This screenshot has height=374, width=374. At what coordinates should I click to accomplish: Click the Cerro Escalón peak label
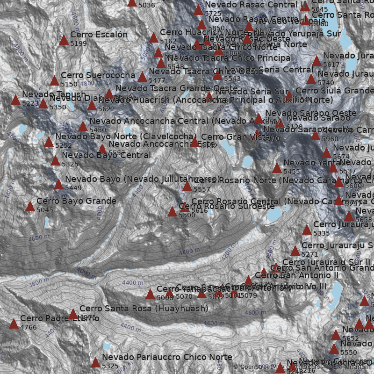(x=99, y=35)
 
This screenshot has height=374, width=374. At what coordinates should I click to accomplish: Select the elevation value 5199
(x=79, y=43)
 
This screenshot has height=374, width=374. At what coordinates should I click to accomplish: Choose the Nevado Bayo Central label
(x=106, y=155)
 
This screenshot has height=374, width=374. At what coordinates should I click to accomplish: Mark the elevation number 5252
(x=63, y=145)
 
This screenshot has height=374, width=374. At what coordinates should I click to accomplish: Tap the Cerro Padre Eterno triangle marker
(x=14, y=324)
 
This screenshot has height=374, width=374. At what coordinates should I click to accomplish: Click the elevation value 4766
(x=28, y=327)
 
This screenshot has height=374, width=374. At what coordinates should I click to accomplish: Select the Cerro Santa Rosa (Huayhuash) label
(x=144, y=309)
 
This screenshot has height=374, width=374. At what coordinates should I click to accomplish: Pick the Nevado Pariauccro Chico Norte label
(x=167, y=357)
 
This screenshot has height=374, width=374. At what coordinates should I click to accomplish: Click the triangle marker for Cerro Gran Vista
(x=194, y=143)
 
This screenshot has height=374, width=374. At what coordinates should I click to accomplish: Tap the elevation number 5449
(x=73, y=188)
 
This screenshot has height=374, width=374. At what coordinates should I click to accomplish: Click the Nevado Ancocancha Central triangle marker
(x=83, y=127)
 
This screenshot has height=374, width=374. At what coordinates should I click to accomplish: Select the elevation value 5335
(x=322, y=233)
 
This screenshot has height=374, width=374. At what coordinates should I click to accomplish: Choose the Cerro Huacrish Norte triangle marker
(x=153, y=38)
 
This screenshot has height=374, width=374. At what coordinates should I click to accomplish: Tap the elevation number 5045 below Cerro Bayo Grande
(x=45, y=210)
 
